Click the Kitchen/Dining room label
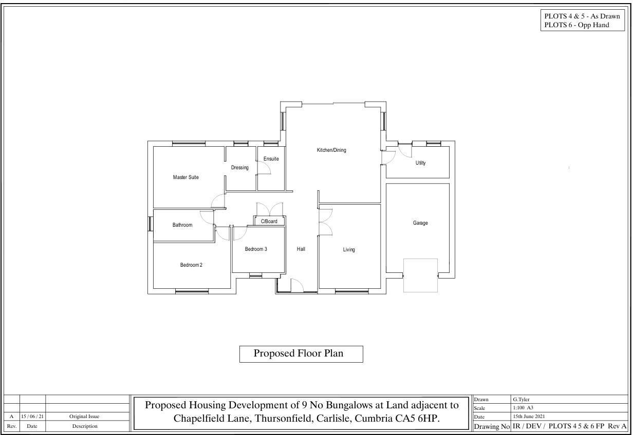331,150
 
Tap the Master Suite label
185,177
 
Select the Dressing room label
240,168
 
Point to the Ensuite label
271,159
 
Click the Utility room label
420,163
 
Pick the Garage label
420,223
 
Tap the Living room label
349,250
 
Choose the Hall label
301,249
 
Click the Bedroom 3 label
256,249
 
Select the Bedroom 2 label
191,265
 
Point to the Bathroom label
182,225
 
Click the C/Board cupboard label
269,222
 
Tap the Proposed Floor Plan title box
301,354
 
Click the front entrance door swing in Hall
297,286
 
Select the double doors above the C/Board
270,209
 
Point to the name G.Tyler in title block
521,399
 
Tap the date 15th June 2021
529,417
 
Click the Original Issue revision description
84,417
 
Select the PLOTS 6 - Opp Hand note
576,25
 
